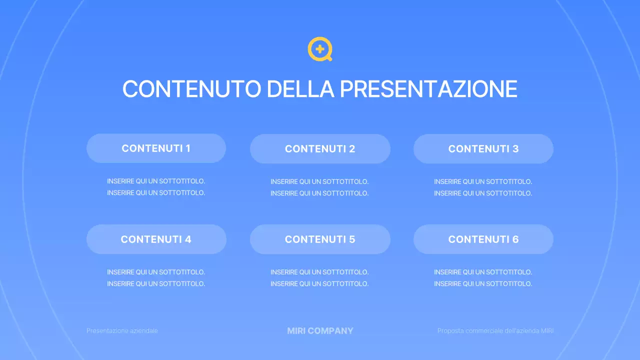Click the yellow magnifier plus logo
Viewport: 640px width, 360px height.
(x=320, y=49)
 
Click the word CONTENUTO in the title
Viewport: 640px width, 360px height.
(x=191, y=89)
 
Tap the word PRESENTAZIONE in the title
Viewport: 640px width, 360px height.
(x=428, y=89)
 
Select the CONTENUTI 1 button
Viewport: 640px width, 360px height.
(x=156, y=148)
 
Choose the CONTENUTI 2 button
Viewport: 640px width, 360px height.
(x=320, y=148)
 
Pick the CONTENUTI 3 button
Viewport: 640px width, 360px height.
(x=483, y=148)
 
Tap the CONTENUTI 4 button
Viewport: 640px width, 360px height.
(x=156, y=239)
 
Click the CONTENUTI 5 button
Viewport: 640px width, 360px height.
(x=320, y=239)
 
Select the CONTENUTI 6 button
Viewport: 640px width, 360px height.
(x=483, y=239)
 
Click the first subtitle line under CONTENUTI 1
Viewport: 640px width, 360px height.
(x=156, y=181)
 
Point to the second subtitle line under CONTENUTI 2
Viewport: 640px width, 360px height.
(x=319, y=193)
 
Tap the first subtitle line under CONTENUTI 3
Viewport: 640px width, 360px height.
(x=483, y=181)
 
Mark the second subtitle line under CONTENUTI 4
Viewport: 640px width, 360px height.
(x=156, y=284)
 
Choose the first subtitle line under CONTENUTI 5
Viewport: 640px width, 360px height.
(x=319, y=272)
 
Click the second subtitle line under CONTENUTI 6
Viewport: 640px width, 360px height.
(x=483, y=284)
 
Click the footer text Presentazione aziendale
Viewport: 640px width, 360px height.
(x=122, y=331)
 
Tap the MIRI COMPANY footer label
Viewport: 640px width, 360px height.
(x=320, y=331)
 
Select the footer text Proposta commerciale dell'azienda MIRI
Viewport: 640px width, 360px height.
(x=495, y=331)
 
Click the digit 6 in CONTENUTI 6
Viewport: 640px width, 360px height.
(x=515, y=239)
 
